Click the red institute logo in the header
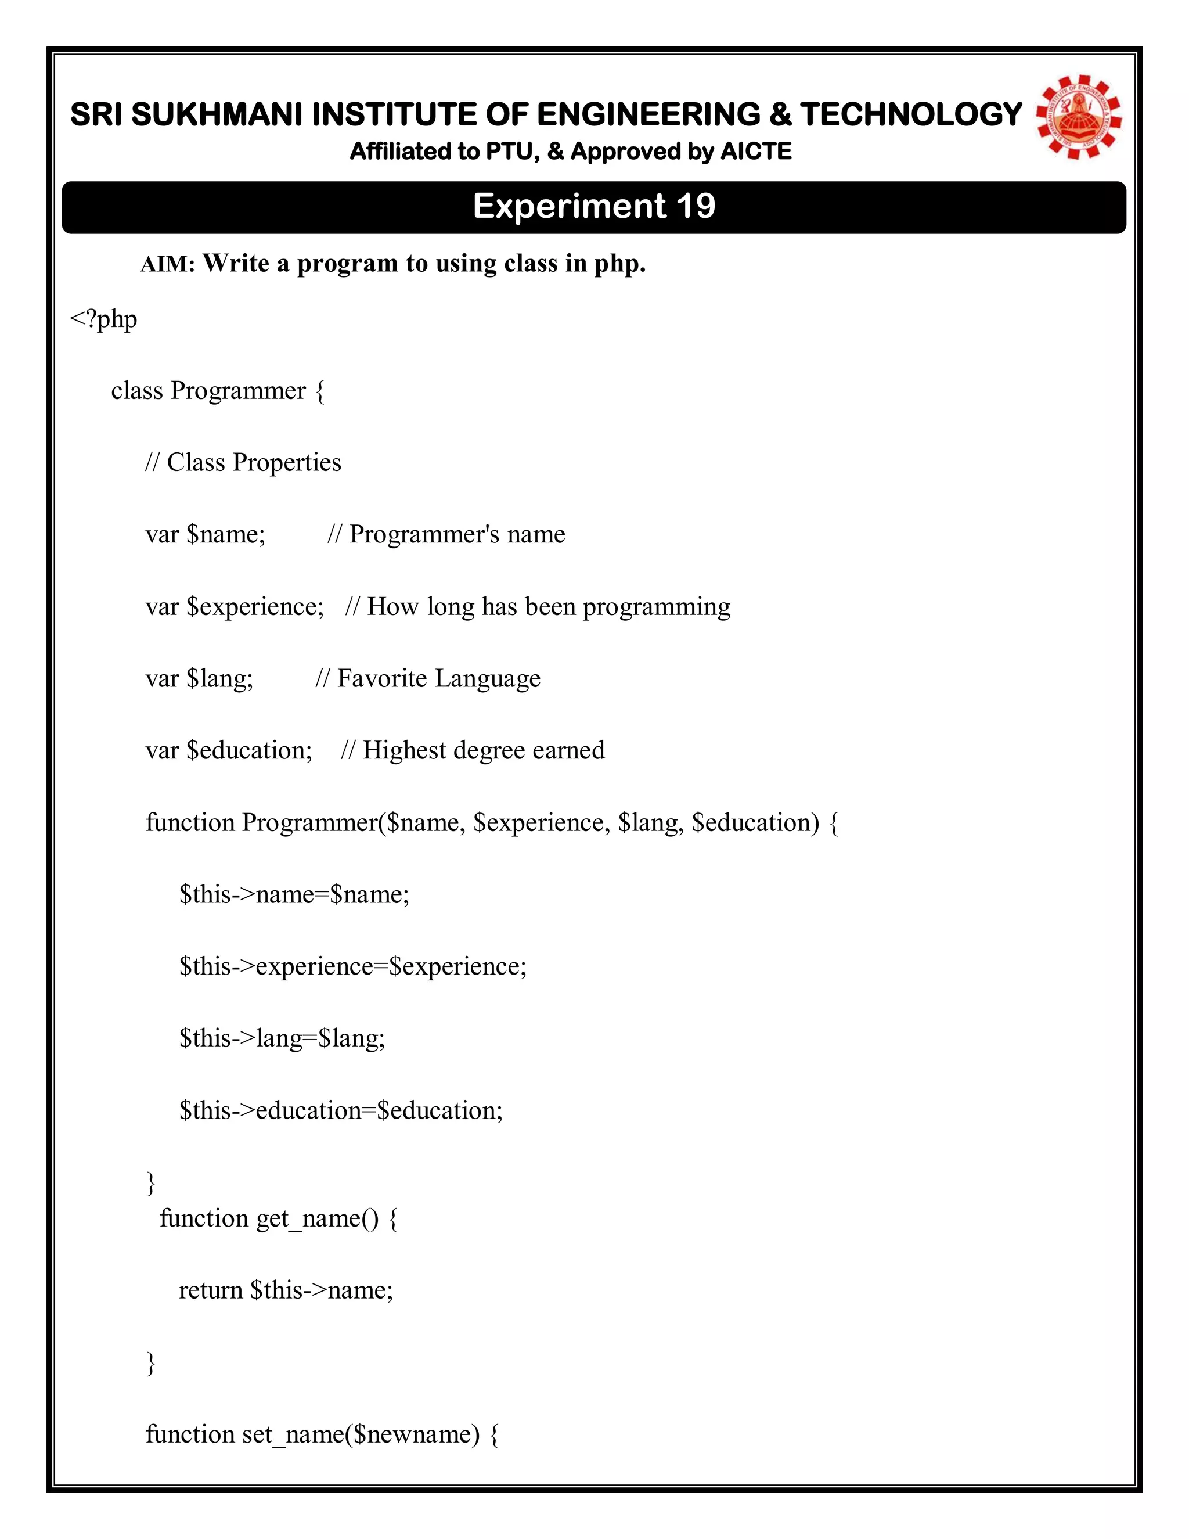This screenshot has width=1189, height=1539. tap(1079, 116)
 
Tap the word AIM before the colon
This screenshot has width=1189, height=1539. tap(165, 265)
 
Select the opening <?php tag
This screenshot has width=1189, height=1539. tap(103, 319)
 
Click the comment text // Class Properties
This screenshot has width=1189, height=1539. tap(243, 462)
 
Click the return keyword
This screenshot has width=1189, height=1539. tap(211, 1290)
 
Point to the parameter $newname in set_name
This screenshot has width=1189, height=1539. tap(416, 1434)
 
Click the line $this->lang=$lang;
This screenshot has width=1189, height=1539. tap(282, 1038)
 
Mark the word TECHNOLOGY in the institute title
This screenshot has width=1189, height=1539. tap(911, 115)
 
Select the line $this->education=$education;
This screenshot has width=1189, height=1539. tap(341, 1110)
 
